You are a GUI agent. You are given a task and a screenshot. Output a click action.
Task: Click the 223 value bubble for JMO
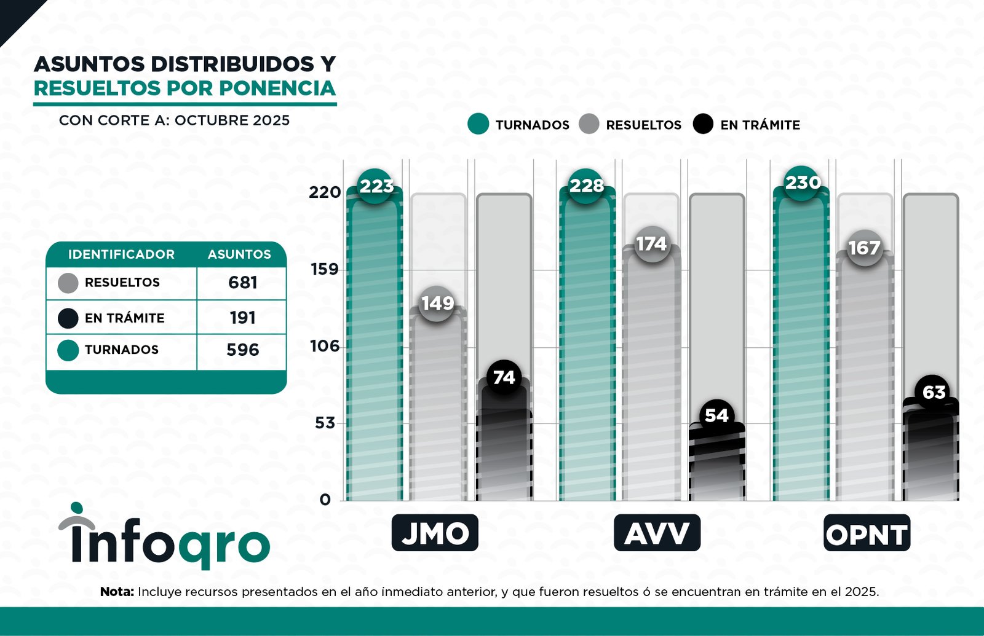376,186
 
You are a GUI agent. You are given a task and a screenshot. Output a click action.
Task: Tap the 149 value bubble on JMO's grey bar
437,303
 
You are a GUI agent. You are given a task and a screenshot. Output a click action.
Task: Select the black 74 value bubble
504,377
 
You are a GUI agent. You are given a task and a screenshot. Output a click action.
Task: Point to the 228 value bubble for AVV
586,186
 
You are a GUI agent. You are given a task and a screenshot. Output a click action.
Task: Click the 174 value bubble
651,244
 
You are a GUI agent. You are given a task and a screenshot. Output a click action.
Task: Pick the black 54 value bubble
716,416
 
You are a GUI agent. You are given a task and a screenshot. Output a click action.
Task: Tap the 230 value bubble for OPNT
803,183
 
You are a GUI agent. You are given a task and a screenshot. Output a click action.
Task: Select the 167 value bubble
864,248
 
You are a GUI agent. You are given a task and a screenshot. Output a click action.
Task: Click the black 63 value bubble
934,392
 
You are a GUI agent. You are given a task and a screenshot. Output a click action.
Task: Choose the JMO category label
435,533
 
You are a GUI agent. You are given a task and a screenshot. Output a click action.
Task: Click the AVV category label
657,533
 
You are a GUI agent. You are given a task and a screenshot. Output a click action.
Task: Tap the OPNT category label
867,533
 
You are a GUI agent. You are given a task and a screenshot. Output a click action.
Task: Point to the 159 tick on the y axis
324,269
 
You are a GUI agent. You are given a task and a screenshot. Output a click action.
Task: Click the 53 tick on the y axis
324,423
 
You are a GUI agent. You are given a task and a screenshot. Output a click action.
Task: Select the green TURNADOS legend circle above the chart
478,124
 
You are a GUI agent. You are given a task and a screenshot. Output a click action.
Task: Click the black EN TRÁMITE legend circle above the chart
703,124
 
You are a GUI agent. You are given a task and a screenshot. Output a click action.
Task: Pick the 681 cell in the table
242,283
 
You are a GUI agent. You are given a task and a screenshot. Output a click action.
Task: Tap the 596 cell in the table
242,350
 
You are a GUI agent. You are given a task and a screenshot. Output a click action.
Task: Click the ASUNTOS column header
239,254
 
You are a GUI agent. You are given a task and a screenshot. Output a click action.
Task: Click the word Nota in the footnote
117,592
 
